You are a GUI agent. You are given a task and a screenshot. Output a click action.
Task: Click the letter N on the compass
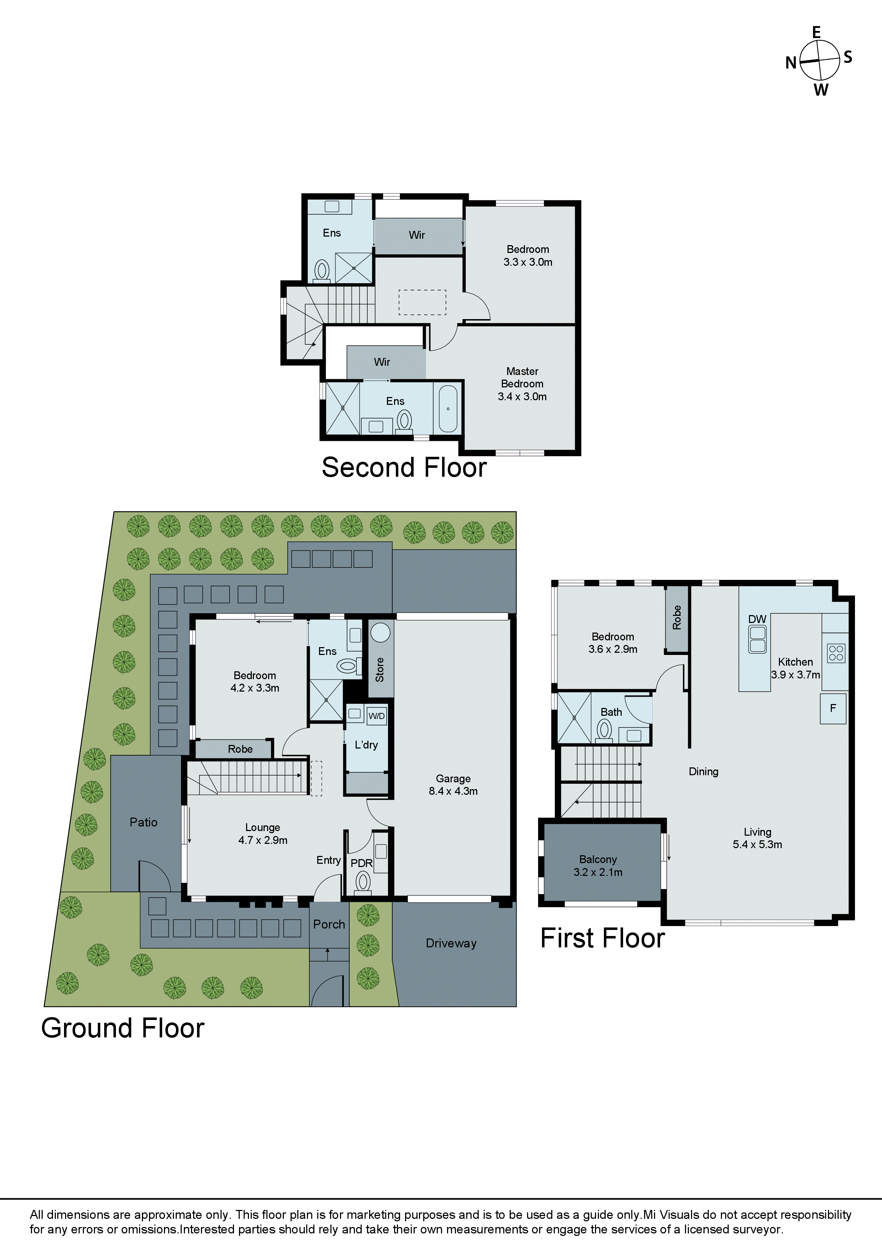coord(791,63)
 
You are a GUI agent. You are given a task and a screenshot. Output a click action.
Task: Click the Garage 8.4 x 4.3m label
coord(453,785)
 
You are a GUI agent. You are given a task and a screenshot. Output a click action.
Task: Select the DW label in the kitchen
coord(757,619)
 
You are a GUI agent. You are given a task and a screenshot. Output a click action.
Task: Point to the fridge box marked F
coord(833,708)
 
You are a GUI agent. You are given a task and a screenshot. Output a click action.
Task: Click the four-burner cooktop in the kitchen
coord(836,653)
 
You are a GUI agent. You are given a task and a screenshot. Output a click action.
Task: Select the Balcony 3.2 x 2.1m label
coord(598,865)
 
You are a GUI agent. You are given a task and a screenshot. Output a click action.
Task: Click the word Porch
coord(329,924)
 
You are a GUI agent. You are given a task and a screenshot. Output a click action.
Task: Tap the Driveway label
coord(451,943)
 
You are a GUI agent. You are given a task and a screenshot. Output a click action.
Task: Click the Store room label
coord(380,670)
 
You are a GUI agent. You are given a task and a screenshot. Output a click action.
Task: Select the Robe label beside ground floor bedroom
coord(240,749)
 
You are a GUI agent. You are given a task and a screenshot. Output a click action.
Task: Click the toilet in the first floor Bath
coord(604,729)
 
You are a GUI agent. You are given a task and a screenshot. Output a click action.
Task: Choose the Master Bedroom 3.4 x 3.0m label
coord(522,384)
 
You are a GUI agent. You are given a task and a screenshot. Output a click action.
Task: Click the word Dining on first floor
coord(703,771)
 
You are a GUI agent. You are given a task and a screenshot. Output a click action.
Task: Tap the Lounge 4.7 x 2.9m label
coord(262,833)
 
